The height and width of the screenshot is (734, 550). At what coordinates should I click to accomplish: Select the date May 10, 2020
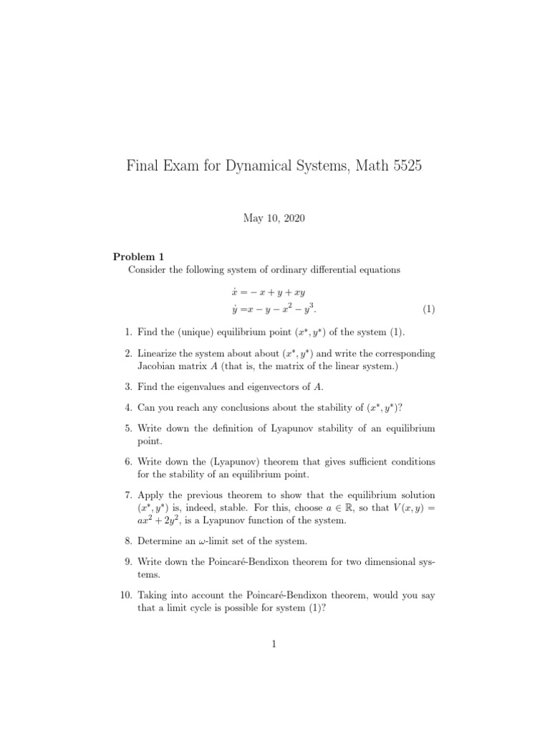(274, 219)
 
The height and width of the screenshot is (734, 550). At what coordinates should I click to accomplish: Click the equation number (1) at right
(428, 310)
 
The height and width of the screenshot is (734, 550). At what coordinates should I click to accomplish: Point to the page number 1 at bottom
(274, 644)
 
